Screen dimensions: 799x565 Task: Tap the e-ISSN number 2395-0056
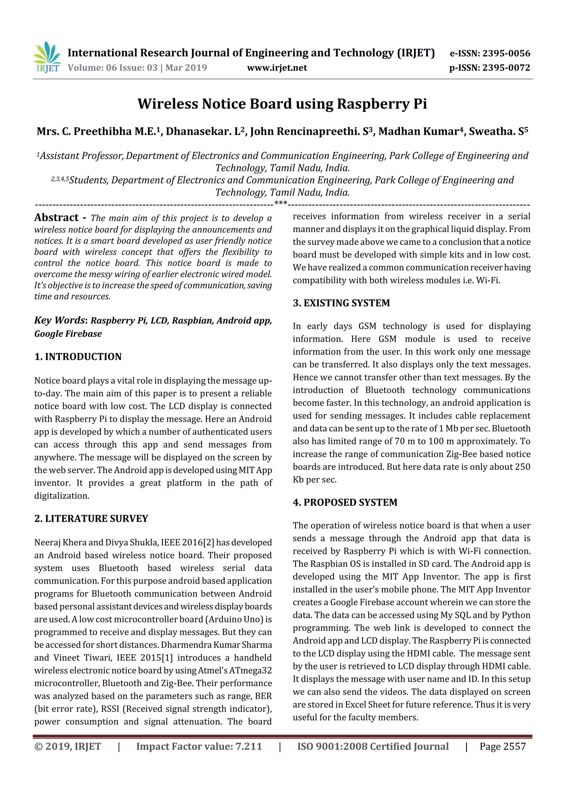point(506,53)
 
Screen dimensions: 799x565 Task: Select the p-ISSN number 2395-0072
point(506,68)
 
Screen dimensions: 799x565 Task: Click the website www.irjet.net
point(277,68)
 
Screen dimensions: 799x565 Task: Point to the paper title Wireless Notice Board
point(282,104)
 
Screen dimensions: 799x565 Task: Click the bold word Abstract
point(56,218)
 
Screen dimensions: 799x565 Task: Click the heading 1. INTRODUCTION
point(78,357)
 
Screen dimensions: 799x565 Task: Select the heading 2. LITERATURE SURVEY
point(91,519)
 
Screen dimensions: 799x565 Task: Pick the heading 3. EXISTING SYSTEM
point(341,303)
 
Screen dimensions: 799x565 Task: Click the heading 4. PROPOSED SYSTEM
point(345,503)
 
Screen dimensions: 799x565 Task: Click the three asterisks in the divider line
point(281,203)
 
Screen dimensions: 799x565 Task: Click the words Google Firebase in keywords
point(68,334)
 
